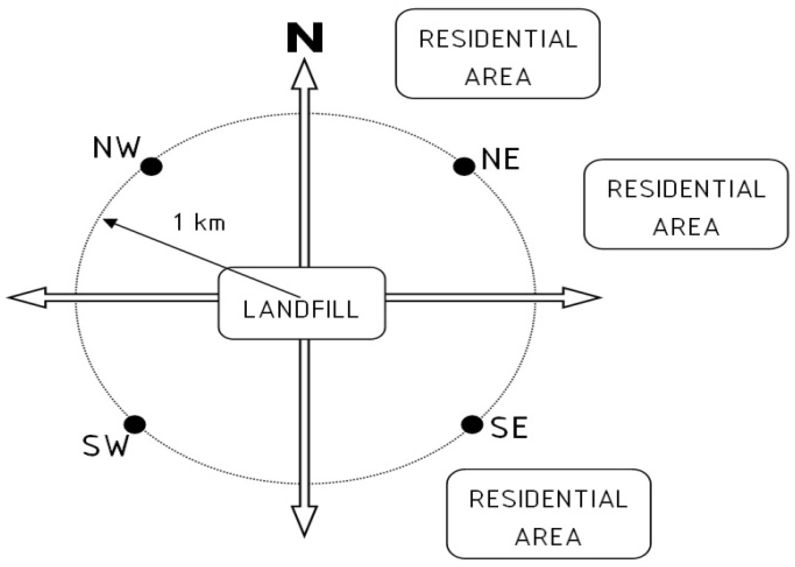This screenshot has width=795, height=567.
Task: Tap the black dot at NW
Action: click(152, 166)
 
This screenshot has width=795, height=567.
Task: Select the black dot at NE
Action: click(464, 166)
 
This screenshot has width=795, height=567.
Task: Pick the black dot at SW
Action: click(135, 424)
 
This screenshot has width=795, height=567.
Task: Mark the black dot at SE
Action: click(472, 424)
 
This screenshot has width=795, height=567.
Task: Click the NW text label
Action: click(117, 148)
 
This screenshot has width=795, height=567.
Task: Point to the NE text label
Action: click(500, 159)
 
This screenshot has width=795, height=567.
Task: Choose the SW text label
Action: click(105, 446)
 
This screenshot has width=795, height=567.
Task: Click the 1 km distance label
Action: click(199, 222)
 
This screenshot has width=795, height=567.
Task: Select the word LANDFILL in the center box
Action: click(301, 309)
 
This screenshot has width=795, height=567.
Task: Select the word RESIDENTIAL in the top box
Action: click(498, 39)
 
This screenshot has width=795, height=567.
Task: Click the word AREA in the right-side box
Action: click(686, 227)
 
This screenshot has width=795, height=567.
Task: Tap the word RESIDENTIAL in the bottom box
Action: click(548, 499)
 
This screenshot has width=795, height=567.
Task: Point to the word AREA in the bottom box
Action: click(548, 537)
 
